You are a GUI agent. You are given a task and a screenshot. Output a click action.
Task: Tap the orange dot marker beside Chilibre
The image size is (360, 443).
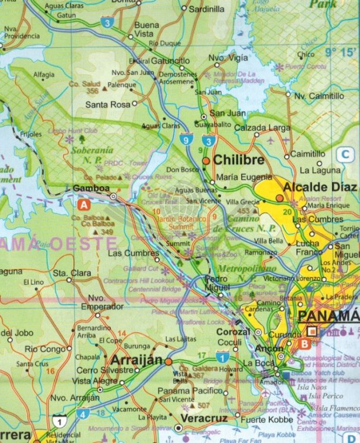coord(206,160)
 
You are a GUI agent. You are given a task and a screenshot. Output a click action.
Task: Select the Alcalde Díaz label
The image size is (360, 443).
coord(321,187)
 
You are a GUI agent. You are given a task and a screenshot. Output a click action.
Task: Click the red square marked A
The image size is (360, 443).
coord(84,205)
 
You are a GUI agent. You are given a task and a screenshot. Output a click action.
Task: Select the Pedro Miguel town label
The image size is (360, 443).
coord(217,283)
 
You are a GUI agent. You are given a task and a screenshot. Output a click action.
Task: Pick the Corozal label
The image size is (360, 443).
coord(233,333)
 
